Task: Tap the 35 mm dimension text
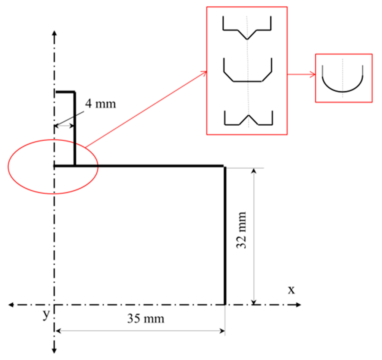click(145, 319)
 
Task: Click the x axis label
click(291, 289)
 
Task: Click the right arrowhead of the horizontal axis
click(298, 305)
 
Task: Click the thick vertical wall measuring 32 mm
click(225, 235)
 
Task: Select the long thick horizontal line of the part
click(149, 165)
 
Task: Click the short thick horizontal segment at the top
click(65, 92)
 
